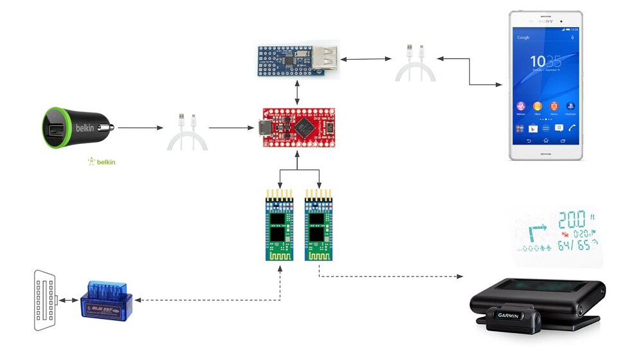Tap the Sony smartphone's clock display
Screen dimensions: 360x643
545,62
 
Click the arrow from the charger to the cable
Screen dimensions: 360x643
140,127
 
